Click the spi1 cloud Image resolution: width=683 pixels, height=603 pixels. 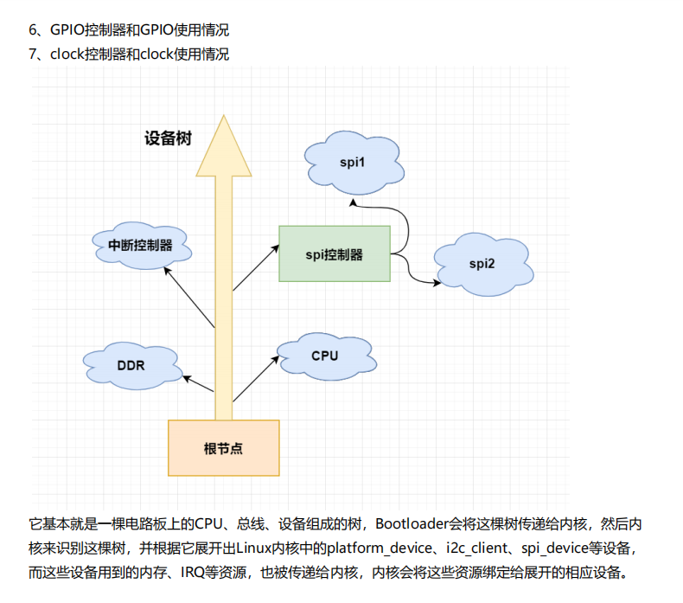[352, 163]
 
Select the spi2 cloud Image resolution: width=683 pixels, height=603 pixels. [482, 263]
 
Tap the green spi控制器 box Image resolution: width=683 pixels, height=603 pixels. [335, 254]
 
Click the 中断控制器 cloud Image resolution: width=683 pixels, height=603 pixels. [140, 245]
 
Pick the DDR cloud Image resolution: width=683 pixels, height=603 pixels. [131, 365]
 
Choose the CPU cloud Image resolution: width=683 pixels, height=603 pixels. [324, 356]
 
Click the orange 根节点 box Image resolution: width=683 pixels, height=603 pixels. [223, 448]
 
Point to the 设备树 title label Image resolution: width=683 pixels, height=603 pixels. [168, 138]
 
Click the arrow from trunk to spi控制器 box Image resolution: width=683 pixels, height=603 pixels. [256, 267]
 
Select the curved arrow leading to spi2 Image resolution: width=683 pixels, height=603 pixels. [415, 273]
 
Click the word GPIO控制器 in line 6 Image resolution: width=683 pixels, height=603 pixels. [86, 30]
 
